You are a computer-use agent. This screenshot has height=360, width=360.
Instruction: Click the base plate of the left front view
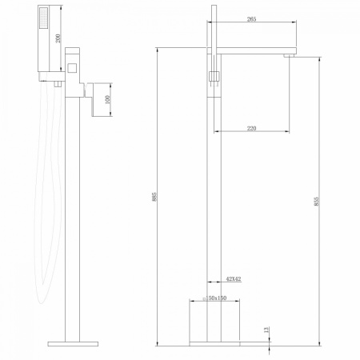[74, 344]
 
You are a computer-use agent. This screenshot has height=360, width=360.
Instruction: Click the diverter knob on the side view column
[214, 75]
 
